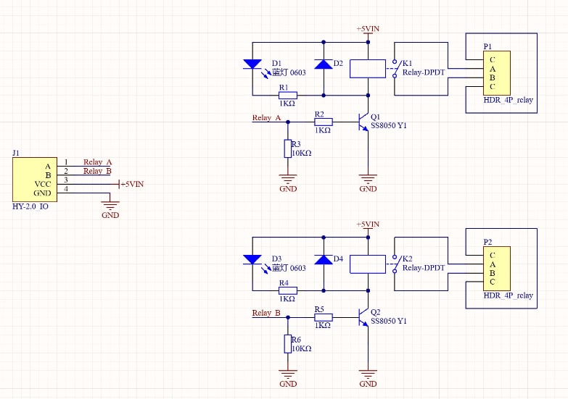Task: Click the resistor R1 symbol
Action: [287, 94]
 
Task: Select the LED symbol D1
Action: [252, 64]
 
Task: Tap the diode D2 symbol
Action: [324, 64]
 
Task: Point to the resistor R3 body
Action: [287, 149]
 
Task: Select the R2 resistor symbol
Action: [323, 122]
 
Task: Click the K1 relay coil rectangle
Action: [368, 69]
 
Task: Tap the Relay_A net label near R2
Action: [266, 118]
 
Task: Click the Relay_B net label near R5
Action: [266, 313]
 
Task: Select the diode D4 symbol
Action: [324, 259]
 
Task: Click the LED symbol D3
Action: [252, 259]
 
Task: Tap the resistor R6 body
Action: [287, 345]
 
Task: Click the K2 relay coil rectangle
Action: [368, 264]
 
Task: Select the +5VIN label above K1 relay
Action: [368, 29]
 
